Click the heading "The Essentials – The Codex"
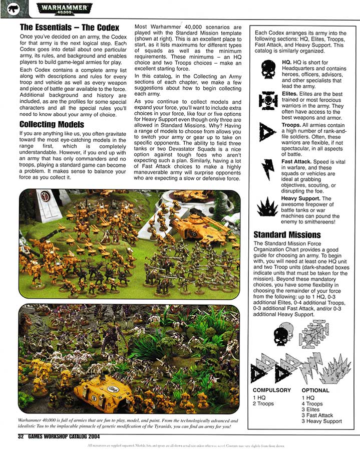pos(69,28)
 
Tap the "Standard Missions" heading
pos(287,235)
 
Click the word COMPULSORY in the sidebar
pos(272,390)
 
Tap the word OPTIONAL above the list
pos(315,390)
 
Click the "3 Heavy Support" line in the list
pos(321,421)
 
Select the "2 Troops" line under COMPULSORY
pos(263,403)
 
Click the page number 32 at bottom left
pos(21,436)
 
